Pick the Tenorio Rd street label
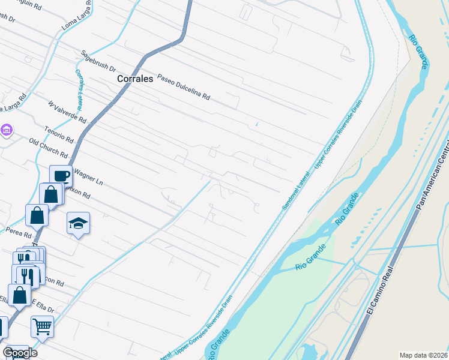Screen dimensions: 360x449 (59, 136)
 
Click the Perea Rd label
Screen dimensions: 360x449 (19, 231)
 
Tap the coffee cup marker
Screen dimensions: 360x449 (61, 176)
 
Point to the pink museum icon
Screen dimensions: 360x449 (7, 130)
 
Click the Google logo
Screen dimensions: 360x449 (20, 353)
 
